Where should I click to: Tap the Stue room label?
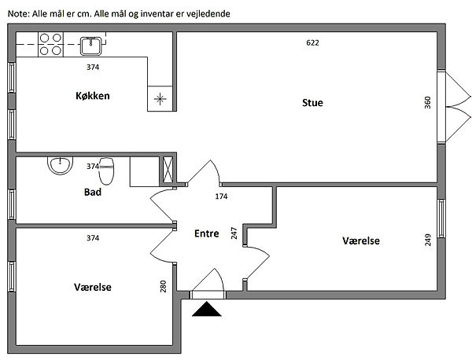312,103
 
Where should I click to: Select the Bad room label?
91,191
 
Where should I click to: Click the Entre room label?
208,233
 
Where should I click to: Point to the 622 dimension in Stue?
312,42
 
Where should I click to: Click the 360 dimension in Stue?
428,103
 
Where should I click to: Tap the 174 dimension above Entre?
221,196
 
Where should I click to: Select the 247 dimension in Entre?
234,233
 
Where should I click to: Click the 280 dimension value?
163,287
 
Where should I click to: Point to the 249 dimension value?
428,240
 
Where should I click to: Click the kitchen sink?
91,45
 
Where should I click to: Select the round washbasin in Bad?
60,166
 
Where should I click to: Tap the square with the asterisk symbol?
160,98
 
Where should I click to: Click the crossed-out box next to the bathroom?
168,170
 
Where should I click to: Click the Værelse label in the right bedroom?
361,241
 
